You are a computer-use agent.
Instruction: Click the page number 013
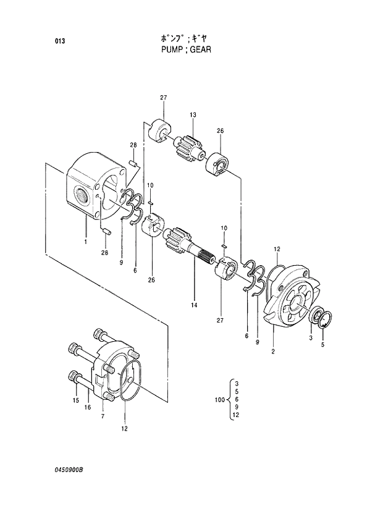click(59, 42)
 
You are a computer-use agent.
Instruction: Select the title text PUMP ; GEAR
click(185, 49)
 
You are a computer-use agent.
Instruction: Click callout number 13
click(193, 116)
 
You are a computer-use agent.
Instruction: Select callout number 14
click(194, 305)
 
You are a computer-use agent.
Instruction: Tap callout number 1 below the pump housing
click(86, 241)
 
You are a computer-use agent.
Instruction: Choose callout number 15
click(77, 401)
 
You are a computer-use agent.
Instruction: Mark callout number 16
click(88, 407)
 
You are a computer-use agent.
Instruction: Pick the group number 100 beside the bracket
click(219, 400)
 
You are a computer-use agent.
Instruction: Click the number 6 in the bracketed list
click(237, 400)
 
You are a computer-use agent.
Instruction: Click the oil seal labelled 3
click(316, 315)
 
